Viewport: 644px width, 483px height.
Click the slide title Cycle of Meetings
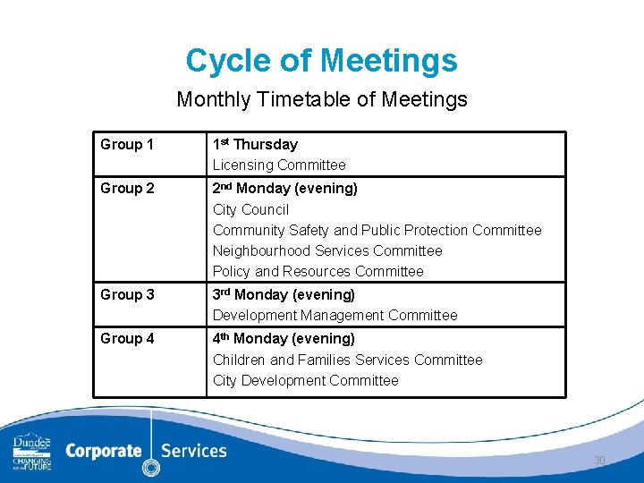point(321,61)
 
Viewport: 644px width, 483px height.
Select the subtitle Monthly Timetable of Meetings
point(321,99)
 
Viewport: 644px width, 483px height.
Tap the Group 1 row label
point(127,144)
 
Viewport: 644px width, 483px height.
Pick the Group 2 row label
point(127,189)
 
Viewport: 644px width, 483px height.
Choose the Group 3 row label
point(127,295)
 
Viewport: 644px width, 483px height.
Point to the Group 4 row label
point(127,339)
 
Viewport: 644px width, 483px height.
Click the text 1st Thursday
point(255,144)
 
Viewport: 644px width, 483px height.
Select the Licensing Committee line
point(278,165)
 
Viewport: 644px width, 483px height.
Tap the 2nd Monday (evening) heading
point(284,188)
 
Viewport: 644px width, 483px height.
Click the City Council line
point(250,209)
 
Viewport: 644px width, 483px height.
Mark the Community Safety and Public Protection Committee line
point(377,230)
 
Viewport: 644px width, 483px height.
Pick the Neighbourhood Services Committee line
point(327,250)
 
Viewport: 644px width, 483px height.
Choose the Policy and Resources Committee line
point(318,271)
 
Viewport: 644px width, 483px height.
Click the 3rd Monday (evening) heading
point(284,294)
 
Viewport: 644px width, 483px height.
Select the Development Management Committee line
point(335,315)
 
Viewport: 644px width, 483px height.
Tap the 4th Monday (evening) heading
point(284,338)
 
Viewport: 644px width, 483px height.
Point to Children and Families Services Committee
point(347,360)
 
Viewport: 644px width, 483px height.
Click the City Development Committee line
point(305,380)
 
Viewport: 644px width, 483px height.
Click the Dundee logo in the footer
point(32,452)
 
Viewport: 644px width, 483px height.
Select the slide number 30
point(599,461)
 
